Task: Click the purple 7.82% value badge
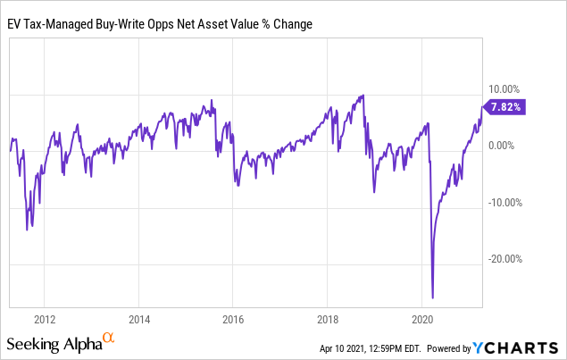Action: click(x=505, y=105)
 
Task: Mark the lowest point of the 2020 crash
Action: click(x=433, y=298)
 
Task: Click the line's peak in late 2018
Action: click(x=362, y=95)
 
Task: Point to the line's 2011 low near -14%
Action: click(x=28, y=230)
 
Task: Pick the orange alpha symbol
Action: click(x=109, y=338)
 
